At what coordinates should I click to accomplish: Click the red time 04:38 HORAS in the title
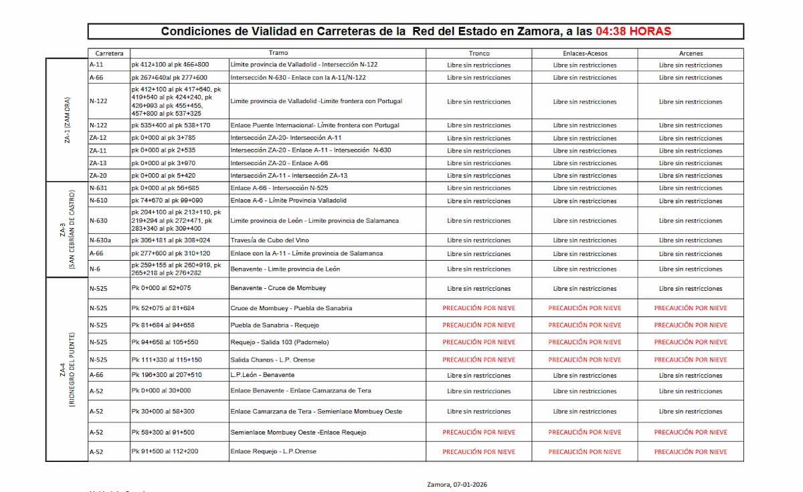coord(633,31)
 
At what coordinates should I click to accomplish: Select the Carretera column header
coord(109,53)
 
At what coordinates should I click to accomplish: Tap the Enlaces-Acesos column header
coord(585,53)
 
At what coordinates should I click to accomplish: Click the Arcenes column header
coord(691,53)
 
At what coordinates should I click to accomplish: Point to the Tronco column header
coord(479,53)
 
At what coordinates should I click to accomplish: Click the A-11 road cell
coord(96,65)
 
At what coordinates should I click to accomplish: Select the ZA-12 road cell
coord(98,138)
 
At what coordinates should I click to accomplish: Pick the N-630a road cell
coord(100,240)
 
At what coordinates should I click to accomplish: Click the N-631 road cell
coord(98,188)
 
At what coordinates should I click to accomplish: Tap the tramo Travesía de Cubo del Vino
coord(270,240)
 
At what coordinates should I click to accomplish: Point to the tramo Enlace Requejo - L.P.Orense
coord(273,451)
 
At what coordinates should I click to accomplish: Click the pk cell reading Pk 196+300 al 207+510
coord(167,375)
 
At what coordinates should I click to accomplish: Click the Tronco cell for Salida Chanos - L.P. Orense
coord(479,360)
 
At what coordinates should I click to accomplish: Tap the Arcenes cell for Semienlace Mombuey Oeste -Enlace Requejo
coord(691,432)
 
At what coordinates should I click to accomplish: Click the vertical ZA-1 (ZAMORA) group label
coord(68,120)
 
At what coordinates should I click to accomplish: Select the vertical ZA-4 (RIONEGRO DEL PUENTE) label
coord(68,369)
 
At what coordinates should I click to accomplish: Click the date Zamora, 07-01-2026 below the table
coord(462,484)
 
